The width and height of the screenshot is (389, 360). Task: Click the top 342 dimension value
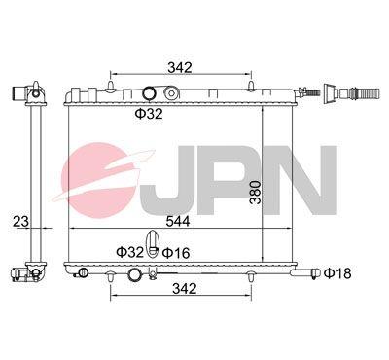(180, 67)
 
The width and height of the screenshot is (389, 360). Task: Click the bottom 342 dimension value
(185, 288)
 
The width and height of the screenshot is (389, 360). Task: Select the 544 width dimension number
(178, 222)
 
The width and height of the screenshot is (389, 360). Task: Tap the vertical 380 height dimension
(256, 192)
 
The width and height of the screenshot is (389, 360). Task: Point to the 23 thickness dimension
(20, 222)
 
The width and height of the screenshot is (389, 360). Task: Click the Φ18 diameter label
(337, 273)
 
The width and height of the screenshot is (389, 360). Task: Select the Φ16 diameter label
(176, 253)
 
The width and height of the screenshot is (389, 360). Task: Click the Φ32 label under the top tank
(149, 114)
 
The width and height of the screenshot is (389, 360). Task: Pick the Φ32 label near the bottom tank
(129, 252)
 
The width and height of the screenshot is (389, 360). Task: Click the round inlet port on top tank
(150, 93)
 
